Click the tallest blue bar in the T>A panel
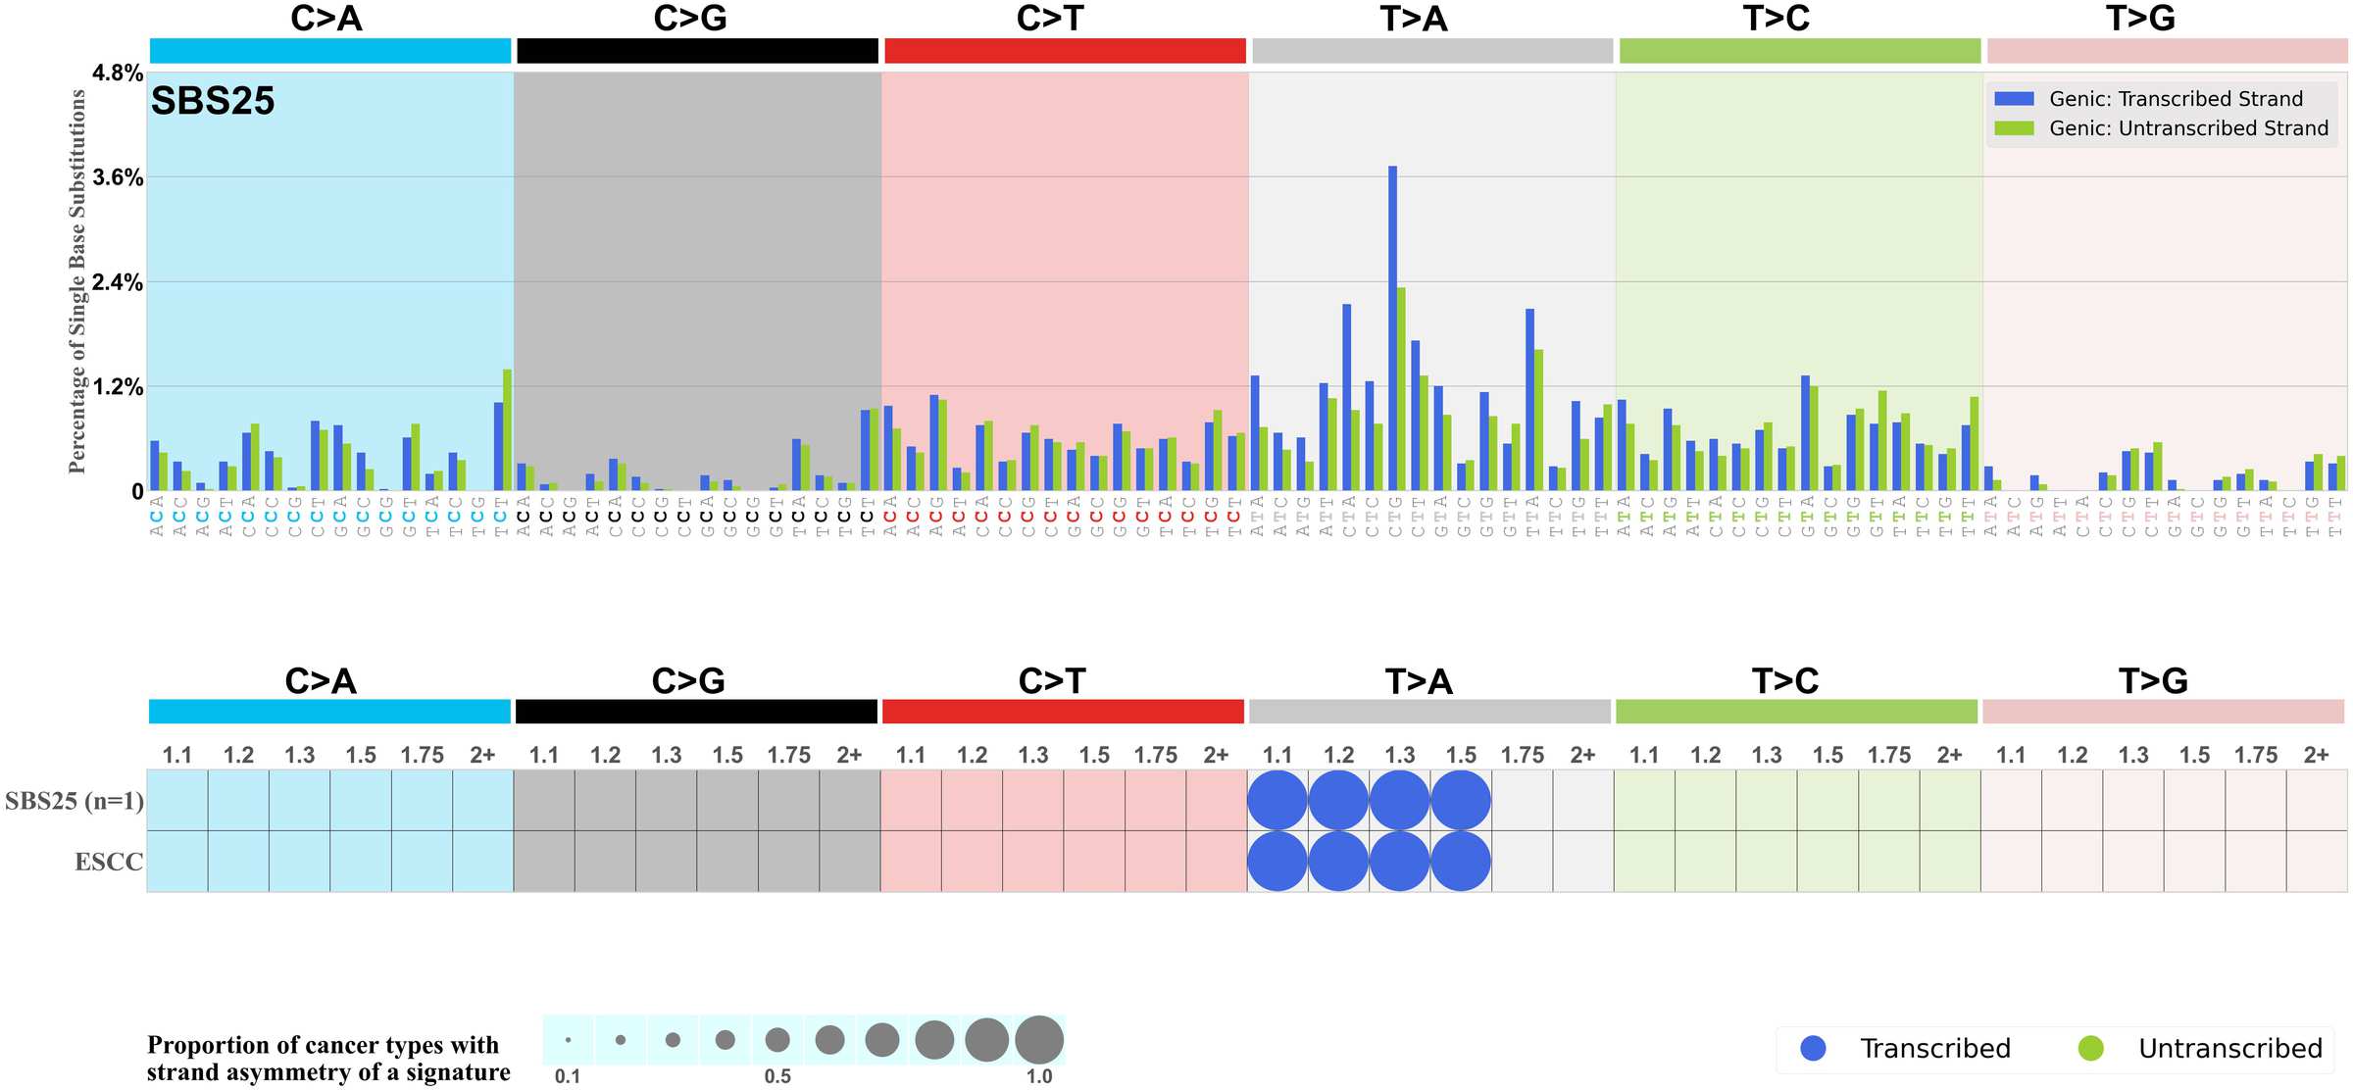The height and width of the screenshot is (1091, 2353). pyautogui.click(x=1392, y=328)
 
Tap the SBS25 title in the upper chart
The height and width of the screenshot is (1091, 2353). pyautogui.click(x=213, y=101)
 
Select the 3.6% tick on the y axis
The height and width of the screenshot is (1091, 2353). pyautogui.click(x=118, y=177)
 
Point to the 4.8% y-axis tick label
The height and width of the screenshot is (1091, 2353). pyautogui.click(x=118, y=74)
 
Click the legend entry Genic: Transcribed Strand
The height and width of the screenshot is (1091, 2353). pyautogui.click(x=2175, y=99)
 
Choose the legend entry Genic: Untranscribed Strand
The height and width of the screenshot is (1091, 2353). pyautogui.click(x=2187, y=128)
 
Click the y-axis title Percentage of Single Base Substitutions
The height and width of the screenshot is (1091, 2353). pyautogui.click(x=77, y=281)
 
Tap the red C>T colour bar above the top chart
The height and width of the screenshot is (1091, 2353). pyautogui.click(x=1065, y=51)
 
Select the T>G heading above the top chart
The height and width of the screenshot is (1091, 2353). pyautogui.click(x=2140, y=19)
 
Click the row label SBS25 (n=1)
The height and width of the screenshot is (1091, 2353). pyautogui.click(x=75, y=801)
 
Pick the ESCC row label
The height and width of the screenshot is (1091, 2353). pyautogui.click(x=109, y=862)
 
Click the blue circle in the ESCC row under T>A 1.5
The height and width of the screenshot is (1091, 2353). pyautogui.click(x=1461, y=862)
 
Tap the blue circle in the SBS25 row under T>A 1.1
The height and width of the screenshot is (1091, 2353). pyautogui.click(x=1277, y=801)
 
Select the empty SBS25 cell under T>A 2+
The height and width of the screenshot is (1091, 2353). pyautogui.click(x=1583, y=801)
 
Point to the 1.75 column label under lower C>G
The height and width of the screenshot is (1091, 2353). pyautogui.click(x=788, y=755)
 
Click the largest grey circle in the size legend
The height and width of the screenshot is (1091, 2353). pyautogui.click(x=1039, y=1040)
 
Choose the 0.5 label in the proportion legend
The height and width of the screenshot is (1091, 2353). pyautogui.click(x=777, y=1076)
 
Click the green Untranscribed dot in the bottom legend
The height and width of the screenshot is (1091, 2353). pyautogui.click(x=2091, y=1049)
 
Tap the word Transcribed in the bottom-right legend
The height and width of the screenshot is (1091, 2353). pyautogui.click(x=1935, y=1049)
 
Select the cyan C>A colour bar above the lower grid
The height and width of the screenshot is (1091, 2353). pyautogui.click(x=329, y=712)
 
